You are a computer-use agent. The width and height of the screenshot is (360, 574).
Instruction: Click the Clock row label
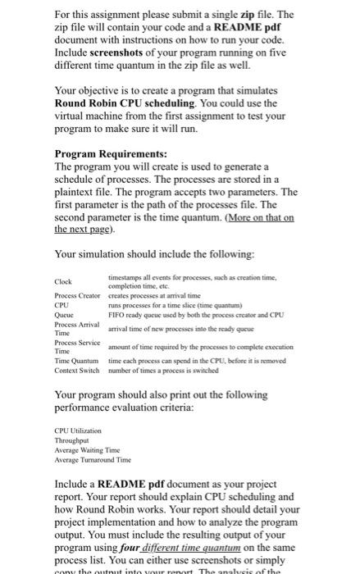[63, 282]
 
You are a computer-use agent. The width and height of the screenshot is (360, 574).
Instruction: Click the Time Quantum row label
[75, 360]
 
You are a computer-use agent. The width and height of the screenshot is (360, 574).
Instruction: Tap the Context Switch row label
[76, 370]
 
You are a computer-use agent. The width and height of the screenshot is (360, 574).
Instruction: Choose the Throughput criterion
[71, 440]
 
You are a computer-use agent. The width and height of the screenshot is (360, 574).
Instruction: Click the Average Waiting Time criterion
[85, 449]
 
